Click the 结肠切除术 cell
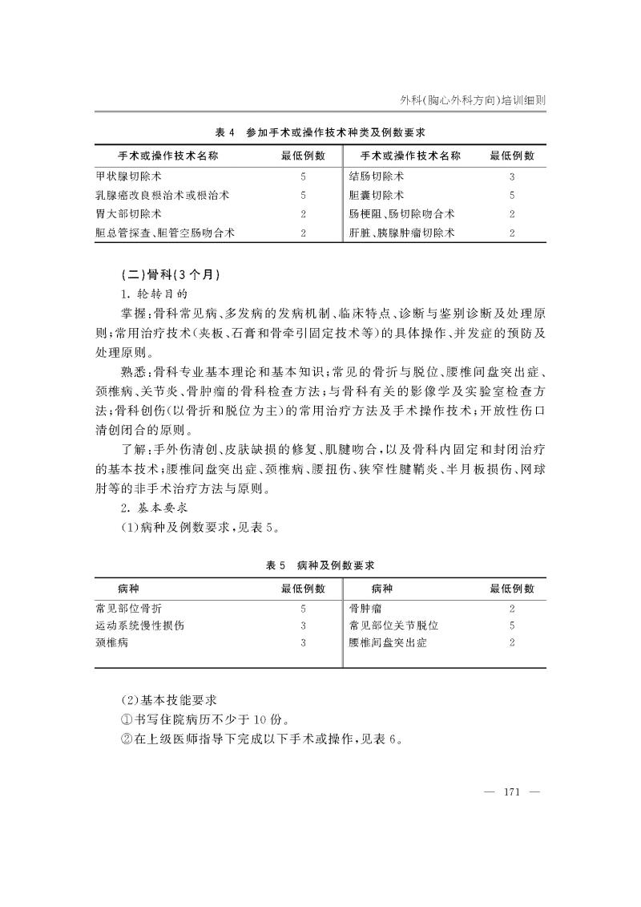tap(377, 175)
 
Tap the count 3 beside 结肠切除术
tap(511, 175)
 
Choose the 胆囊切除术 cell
tap(377, 194)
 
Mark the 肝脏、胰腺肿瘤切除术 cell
tap(402, 233)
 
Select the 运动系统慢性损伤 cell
tap(139, 626)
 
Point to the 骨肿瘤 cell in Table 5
tap(366, 609)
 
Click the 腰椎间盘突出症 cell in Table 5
tap(389, 642)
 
